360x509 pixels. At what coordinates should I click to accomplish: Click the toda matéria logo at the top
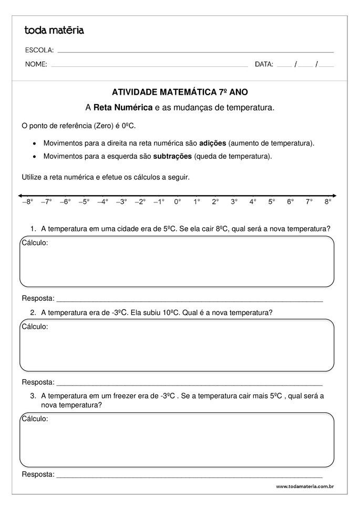pos(54,30)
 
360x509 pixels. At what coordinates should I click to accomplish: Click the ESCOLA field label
pos(39,50)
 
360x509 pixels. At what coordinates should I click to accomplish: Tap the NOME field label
pos(36,65)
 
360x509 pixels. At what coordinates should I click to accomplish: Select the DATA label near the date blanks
pos(264,65)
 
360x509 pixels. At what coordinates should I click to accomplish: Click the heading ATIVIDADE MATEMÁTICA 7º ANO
pos(180,91)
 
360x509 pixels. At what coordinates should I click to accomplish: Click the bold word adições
pos(213,143)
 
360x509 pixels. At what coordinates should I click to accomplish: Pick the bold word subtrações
pos(172,156)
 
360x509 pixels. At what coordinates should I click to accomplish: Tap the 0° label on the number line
pos(178,201)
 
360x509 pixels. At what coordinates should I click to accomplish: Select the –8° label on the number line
pos(27,201)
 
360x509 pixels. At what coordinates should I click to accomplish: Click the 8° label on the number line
pos(327,201)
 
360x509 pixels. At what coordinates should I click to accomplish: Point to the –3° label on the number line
pos(121,201)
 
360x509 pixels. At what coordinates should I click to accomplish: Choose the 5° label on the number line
pos(271,201)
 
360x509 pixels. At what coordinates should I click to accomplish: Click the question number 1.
pos(33,229)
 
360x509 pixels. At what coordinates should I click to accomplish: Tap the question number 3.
pos(33,396)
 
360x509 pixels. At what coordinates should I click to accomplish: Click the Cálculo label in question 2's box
pos(35,327)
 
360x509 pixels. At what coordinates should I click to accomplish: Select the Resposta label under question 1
pos(38,299)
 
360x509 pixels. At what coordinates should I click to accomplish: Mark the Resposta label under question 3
pos(38,475)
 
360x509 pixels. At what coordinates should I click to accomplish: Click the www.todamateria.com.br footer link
pos(305,487)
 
